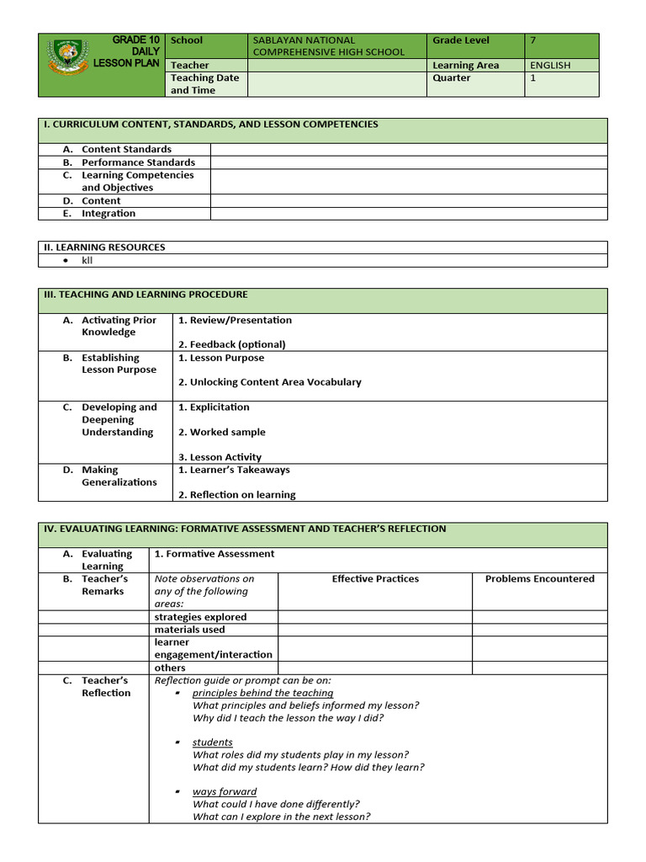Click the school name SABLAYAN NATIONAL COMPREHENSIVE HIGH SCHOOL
328,45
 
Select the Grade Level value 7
533,40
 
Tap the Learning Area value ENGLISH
550,65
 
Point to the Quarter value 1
533,77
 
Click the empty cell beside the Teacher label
336,65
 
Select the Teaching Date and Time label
204,83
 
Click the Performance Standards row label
138,162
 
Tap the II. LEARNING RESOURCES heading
104,247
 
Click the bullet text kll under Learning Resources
87,261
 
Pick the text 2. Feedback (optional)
231,344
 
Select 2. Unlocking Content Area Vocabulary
269,382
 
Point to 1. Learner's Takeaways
234,470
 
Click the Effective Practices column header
375,579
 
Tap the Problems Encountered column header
539,579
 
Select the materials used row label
189,630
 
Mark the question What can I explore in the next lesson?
281,817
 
